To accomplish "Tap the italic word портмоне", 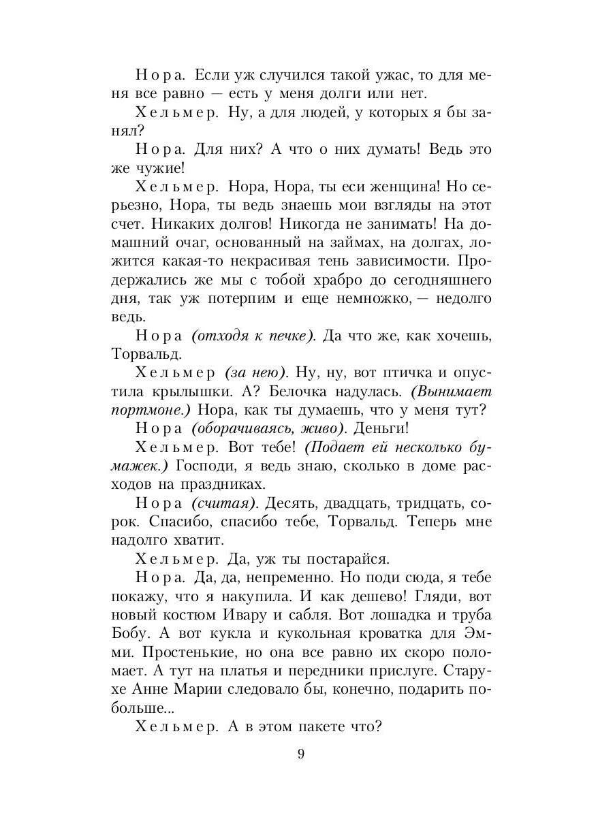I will [x=151, y=410].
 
